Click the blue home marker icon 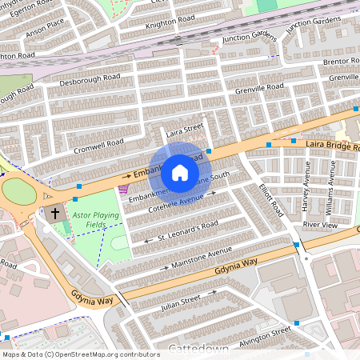point(180,172)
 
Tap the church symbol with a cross point(55,214)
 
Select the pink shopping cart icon point(123,190)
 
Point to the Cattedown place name point(200,349)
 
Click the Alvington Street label point(261,334)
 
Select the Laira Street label point(185,128)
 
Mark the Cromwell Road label point(99,143)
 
